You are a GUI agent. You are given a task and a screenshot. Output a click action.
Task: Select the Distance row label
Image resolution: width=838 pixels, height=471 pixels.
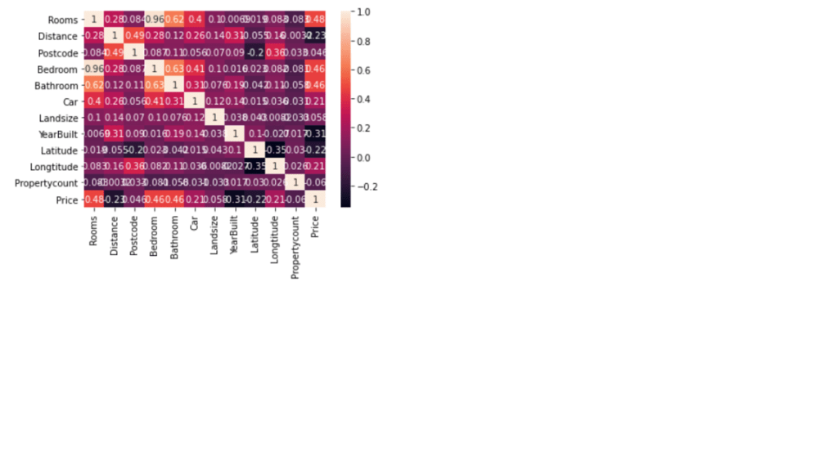58,36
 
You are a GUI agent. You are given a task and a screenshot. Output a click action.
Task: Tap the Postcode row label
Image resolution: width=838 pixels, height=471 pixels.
58,52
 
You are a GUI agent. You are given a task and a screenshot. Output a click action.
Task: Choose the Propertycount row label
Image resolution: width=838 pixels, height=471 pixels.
47,183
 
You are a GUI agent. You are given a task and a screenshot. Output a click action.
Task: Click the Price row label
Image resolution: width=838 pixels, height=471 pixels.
67,200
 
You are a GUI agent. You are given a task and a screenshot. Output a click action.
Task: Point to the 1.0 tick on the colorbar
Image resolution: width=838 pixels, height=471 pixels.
363,12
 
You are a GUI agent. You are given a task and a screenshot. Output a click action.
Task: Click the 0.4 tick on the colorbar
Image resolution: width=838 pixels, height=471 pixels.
363,99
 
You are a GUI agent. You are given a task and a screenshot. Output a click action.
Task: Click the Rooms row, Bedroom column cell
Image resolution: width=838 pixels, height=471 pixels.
153,20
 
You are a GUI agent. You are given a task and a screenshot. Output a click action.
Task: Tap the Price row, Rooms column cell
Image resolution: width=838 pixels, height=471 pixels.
92,200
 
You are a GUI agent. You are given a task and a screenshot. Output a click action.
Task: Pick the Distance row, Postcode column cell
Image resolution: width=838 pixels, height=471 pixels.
133,36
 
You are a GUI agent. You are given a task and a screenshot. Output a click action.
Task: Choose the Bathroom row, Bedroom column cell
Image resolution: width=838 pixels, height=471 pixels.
153,85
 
